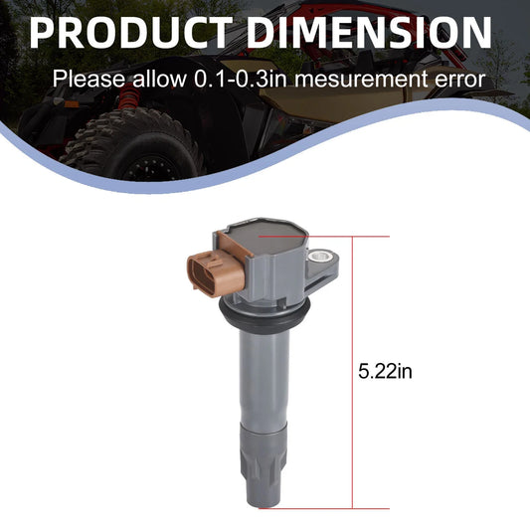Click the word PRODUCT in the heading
coord(131,33)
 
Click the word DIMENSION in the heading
coord(370,33)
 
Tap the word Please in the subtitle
coord(88,80)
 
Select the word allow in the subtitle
coord(159,80)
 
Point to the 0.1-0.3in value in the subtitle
coord(241,80)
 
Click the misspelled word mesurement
coord(360,80)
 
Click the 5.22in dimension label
coord(385,372)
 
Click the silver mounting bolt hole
coord(320,257)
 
